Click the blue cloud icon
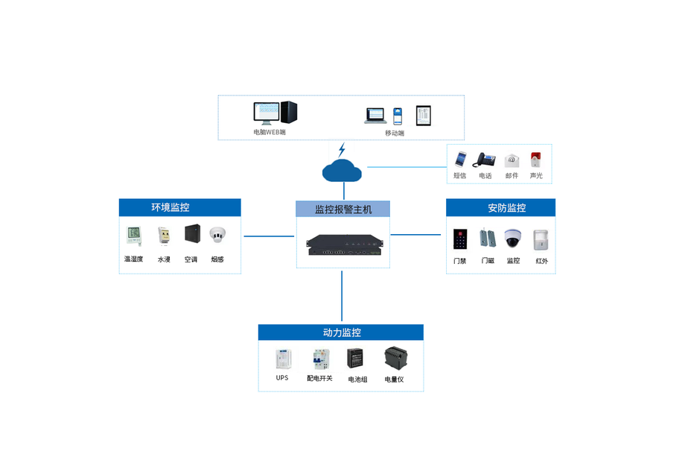pyautogui.click(x=342, y=171)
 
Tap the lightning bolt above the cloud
pyautogui.click(x=342, y=149)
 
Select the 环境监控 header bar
pyautogui.click(x=180, y=207)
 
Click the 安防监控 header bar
pyautogui.click(x=500, y=208)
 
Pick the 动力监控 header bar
pyautogui.click(x=341, y=332)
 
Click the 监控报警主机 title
pyautogui.click(x=342, y=209)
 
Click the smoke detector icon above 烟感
pyautogui.click(x=217, y=234)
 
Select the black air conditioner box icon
pyautogui.click(x=191, y=233)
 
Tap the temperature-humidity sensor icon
pyautogui.click(x=133, y=236)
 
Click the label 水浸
pyautogui.click(x=164, y=259)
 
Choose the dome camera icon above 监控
pyautogui.click(x=512, y=239)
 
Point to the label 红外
pyautogui.click(x=541, y=261)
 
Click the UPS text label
pyautogui.click(x=282, y=378)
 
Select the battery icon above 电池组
pyautogui.click(x=356, y=359)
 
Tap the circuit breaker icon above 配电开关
pyautogui.click(x=320, y=359)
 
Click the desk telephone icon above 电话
pyautogui.click(x=485, y=160)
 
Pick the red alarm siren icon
pyautogui.click(x=535, y=160)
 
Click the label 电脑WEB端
pyautogui.click(x=270, y=132)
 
